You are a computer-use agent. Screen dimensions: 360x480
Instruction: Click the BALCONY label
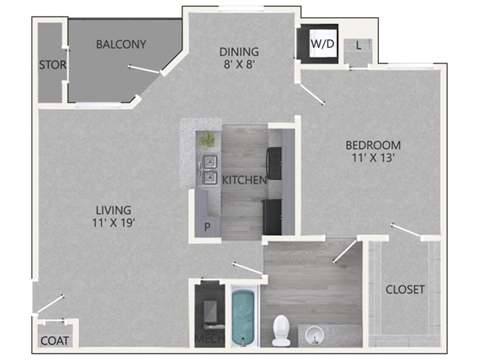coord(121,44)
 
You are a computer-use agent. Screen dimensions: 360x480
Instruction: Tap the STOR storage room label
coord(51,66)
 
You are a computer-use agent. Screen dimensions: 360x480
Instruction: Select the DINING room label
coord(239,52)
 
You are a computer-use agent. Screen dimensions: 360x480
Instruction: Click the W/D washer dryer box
coord(321,44)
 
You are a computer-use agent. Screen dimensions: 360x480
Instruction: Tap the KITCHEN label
coord(243,181)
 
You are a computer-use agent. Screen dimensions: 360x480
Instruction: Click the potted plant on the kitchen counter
coord(207,140)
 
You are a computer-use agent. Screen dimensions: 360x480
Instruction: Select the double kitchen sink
coord(211,170)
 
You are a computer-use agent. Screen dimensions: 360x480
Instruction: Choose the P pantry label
coord(207,227)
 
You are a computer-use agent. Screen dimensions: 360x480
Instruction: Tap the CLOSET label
coord(405,290)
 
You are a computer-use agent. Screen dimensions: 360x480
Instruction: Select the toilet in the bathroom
coord(281,327)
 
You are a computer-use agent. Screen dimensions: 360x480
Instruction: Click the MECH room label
coord(208,340)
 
